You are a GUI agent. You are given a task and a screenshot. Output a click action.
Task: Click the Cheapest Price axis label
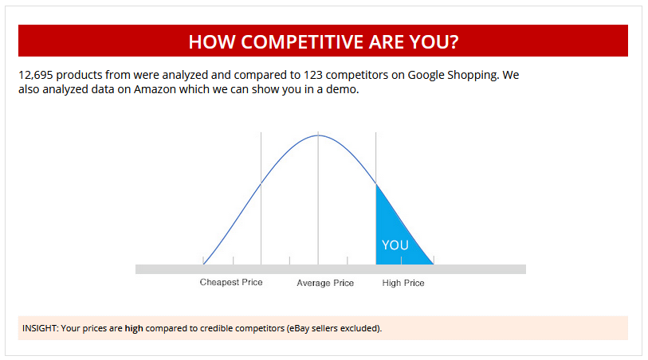point(231,283)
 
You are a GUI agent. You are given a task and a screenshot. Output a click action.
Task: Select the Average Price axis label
point(325,284)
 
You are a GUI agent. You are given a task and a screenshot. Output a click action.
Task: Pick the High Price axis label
point(403,283)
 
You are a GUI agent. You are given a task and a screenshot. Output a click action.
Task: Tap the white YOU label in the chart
point(395,245)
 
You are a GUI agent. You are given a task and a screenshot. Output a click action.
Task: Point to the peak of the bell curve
point(318,135)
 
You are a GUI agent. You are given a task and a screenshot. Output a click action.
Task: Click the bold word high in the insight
point(135,328)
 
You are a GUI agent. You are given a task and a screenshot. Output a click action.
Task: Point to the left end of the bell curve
point(204,263)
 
